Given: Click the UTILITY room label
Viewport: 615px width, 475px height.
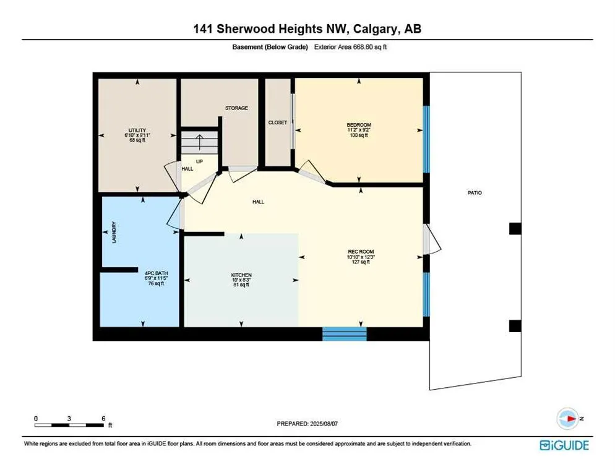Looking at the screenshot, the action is (137, 131).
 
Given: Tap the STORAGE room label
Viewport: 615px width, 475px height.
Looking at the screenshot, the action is (236, 108).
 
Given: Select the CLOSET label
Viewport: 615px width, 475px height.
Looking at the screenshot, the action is (278, 122).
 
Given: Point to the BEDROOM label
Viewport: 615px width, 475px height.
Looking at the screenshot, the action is (359, 125).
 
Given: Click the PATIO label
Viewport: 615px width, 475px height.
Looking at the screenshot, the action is (475, 192).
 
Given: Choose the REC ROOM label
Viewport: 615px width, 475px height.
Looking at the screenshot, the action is (361, 252).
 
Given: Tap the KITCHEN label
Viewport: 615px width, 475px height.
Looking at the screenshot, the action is (241, 275).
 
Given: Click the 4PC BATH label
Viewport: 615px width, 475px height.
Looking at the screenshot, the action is (156, 273).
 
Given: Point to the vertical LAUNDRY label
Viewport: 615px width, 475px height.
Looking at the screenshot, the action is (114, 232).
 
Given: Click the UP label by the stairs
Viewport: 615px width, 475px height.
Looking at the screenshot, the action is (199, 161).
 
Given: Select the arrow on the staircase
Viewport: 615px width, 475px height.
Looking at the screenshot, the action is (200, 142).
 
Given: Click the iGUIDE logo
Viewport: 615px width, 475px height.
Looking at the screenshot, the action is (564, 445).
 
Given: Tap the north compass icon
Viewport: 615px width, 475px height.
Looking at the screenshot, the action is (567, 419).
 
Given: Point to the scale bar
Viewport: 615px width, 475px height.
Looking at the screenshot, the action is (69, 425).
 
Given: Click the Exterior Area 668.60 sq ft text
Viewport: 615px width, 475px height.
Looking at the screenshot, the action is (350, 46).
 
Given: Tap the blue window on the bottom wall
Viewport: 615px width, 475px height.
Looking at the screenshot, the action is (345, 334).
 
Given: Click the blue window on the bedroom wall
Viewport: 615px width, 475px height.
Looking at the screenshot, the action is (426, 139).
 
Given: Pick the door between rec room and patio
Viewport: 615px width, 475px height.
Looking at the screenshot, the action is (431, 239).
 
